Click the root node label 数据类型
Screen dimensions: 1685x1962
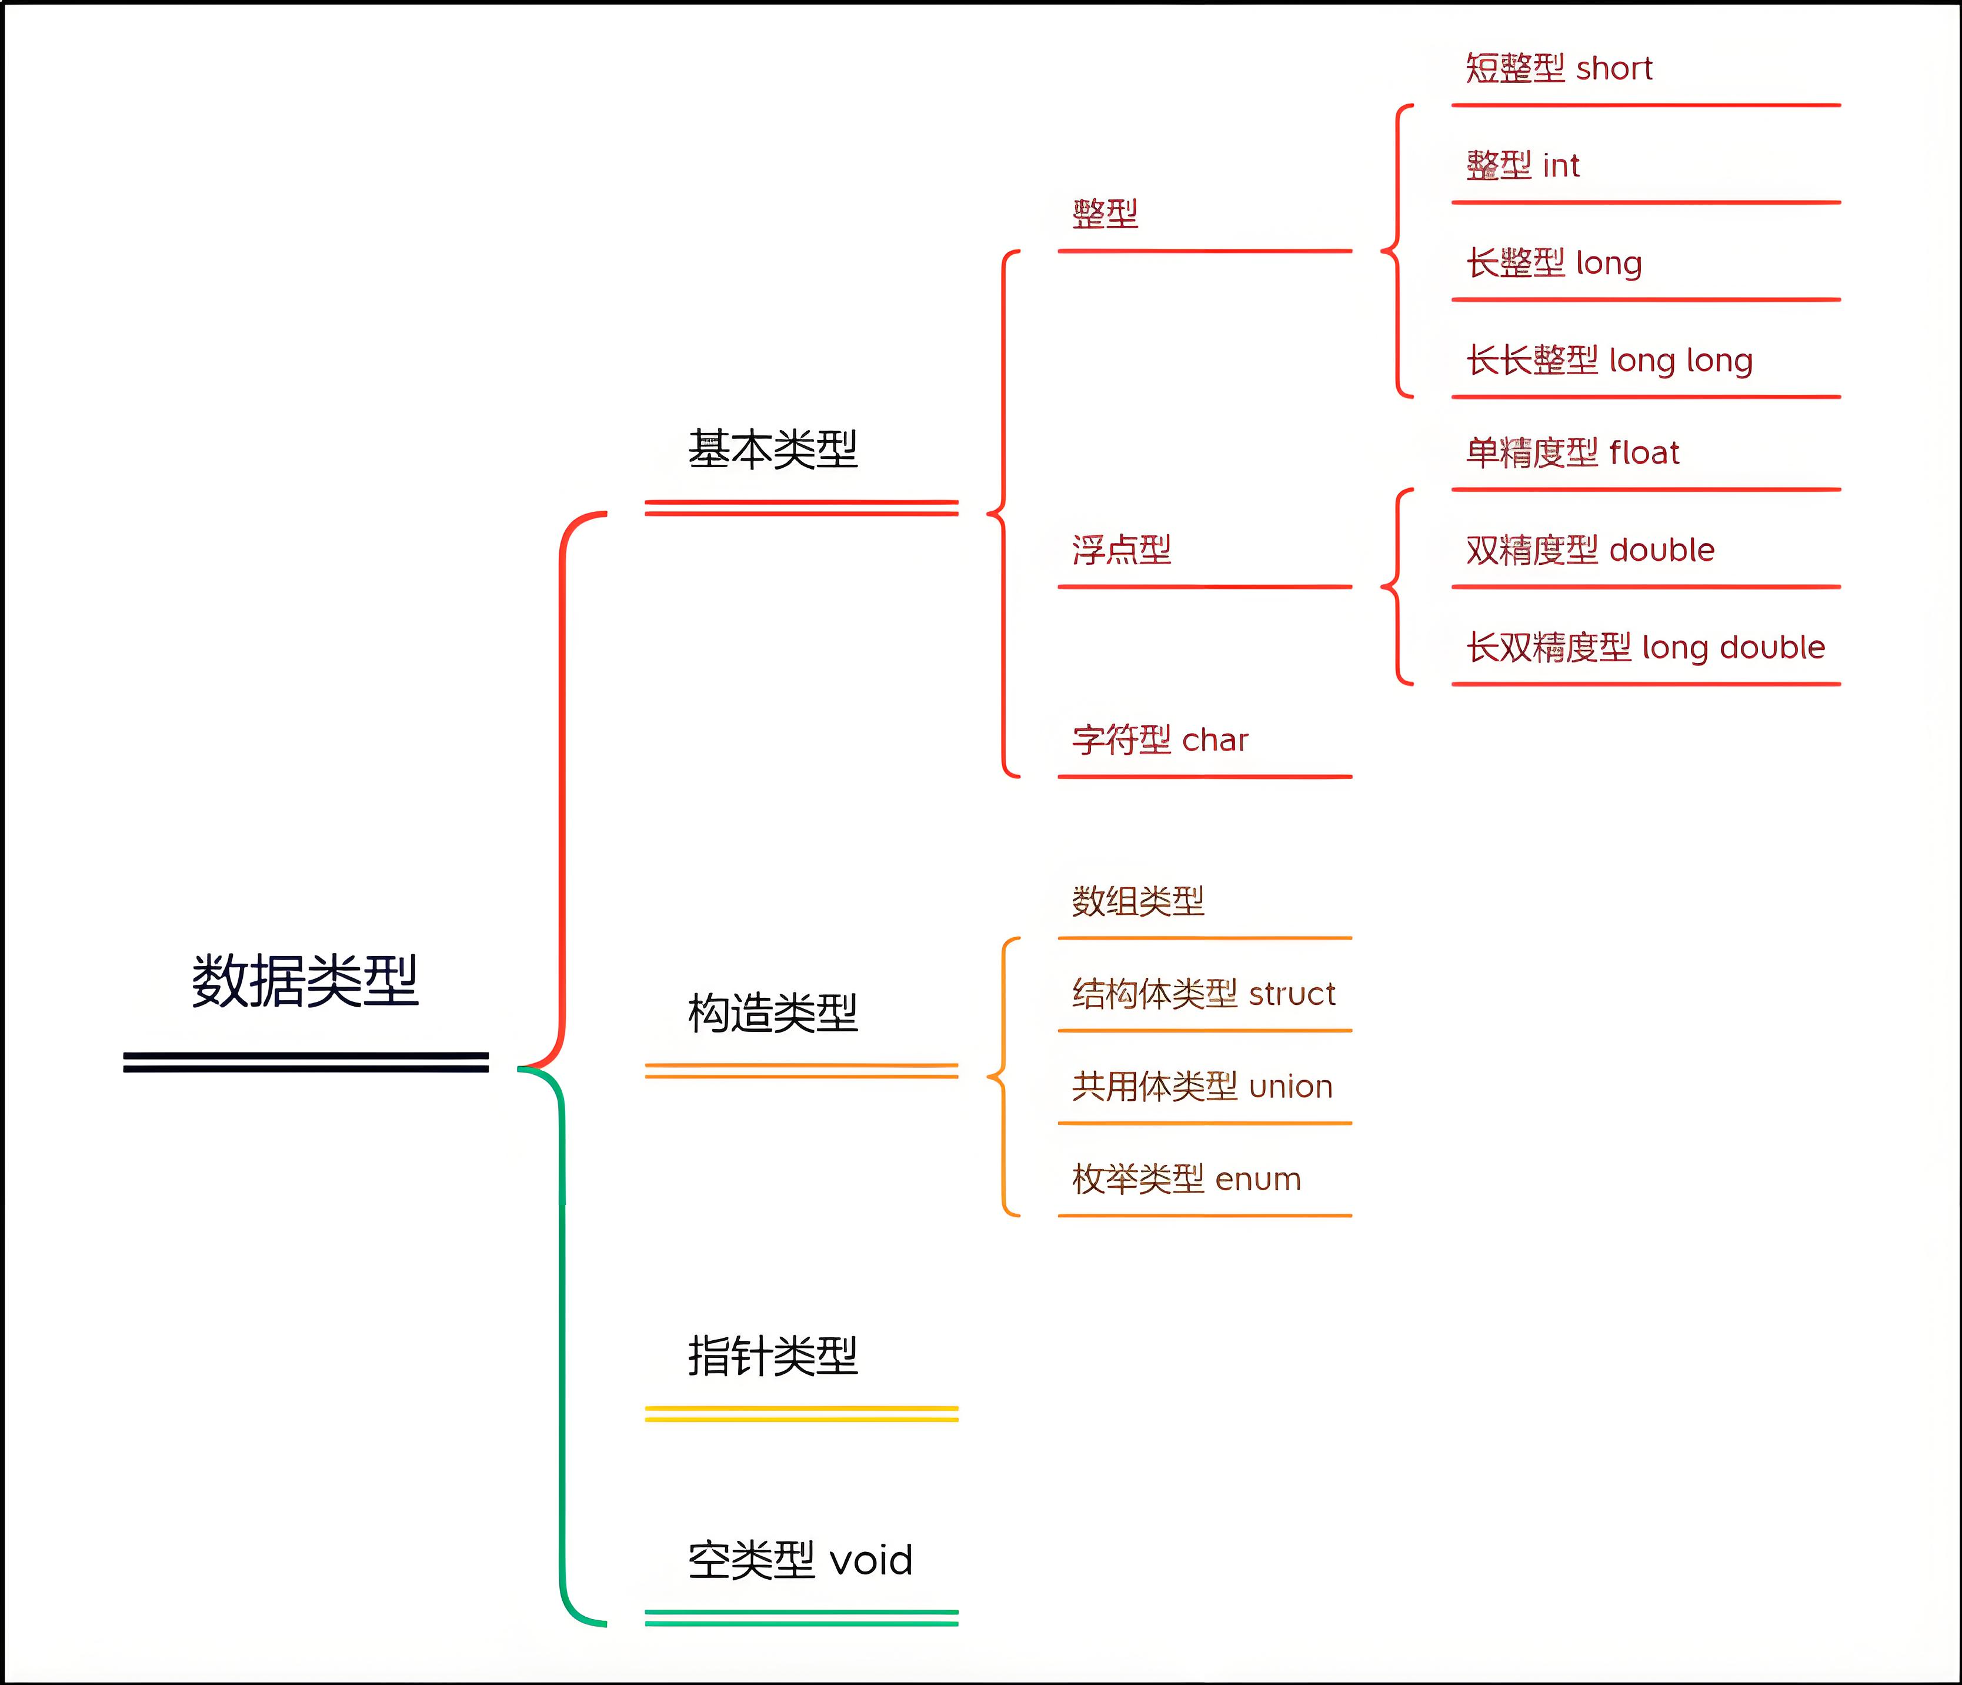click(x=305, y=981)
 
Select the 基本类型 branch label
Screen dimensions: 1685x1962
click(x=773, y=449)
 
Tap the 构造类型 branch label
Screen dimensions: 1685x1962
click(x=773, y=1014)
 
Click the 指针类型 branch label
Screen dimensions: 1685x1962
click(x=773, y=1356)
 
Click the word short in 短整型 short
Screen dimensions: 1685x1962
click(x=1614, y=68)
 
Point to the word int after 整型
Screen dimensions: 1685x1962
click(x=1560, y=166)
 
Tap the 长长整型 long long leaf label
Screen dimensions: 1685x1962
click(x=1609, y=361)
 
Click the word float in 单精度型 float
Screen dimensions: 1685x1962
click(x=1644, y=453)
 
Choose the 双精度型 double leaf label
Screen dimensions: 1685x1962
click(x=1590, y=550)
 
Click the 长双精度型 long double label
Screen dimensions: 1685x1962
click(x=1645, y=648)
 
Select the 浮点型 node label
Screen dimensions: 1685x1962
click(x=1121, y=550)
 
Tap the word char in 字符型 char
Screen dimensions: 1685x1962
click(x=1215, y=740)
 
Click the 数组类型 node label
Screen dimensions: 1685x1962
click(x=1137, y=901)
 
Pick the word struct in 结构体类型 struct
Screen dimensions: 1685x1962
click(x=1292, y=994)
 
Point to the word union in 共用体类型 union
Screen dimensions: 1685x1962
click(x=1290, y=1087)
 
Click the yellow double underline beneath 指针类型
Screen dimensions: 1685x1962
click(x=801, y=1414)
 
